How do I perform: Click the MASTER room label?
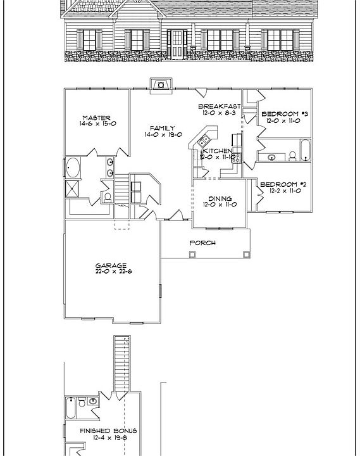[97, 118]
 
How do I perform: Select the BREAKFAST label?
[219, 106]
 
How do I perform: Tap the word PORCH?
[203, 243]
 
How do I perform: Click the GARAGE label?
[111, 266]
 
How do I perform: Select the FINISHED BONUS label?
[108, 431]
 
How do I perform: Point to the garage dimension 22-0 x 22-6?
[111, 272]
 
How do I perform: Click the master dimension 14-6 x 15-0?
[97, 125]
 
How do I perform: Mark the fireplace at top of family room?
[159, 85]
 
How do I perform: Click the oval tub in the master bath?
[73, 168]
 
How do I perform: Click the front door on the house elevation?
[180, 43]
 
